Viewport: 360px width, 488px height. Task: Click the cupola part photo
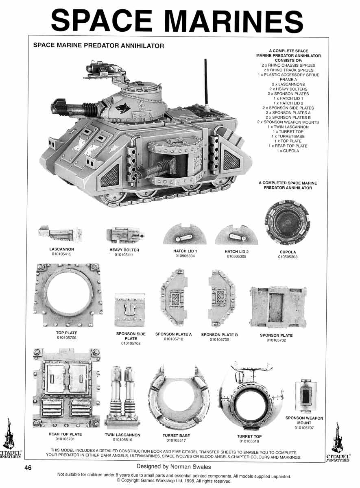click(x=288, y=222)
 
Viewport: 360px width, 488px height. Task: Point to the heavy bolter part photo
click(x=124, y=235)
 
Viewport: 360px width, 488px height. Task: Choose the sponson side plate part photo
click(x=130, y=310)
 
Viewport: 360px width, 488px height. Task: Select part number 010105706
click(x=67, y=338)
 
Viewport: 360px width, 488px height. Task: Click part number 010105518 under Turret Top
click(x=249, y=441)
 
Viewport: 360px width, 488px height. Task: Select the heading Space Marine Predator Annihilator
click(x=98, y=46)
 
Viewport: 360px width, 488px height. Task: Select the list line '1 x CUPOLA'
click(x=288, y=151)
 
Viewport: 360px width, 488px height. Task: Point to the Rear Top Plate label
click(x=65, y=434)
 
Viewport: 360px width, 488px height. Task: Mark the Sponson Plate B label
click(x=219, y=335)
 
